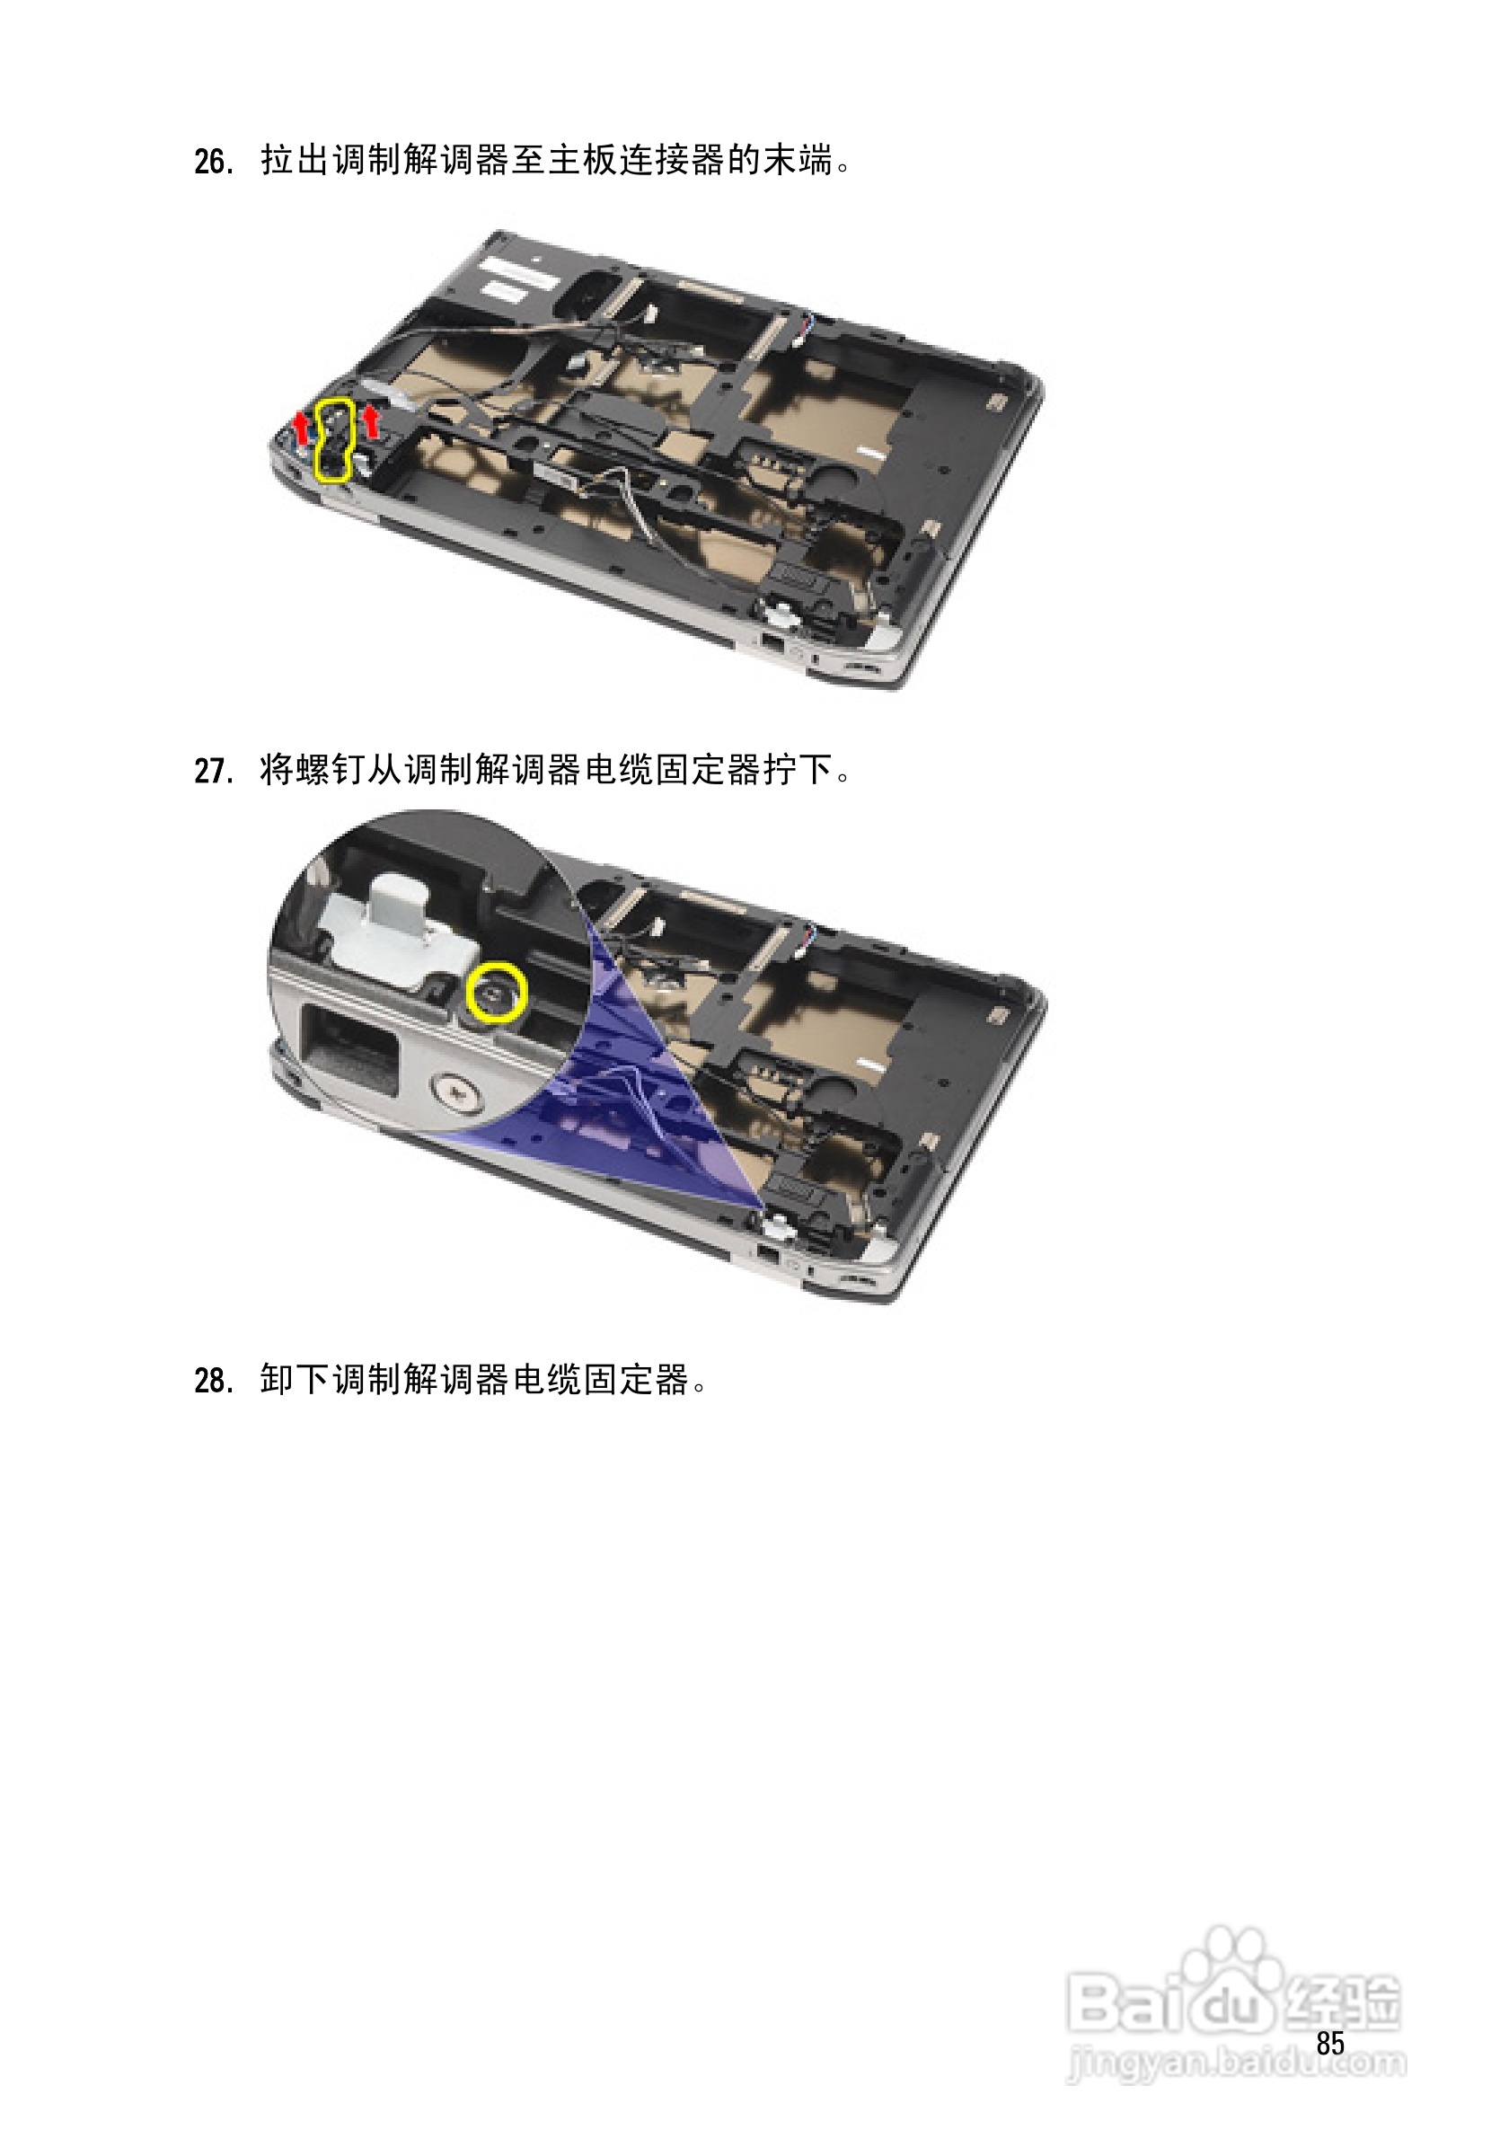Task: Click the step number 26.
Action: click(214, 162)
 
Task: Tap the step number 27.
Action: click(214, 772)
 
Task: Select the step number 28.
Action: click(214, 1381)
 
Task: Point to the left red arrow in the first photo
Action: click(301, 429)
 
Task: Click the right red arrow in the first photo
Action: click(371, 420)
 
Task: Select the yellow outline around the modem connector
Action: click(335, 439)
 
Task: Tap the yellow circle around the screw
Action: click(497, 992)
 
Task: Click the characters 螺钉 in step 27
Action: click(313, 771)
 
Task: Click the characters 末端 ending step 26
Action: click(797, 161)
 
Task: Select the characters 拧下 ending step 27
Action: click(797, 771)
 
